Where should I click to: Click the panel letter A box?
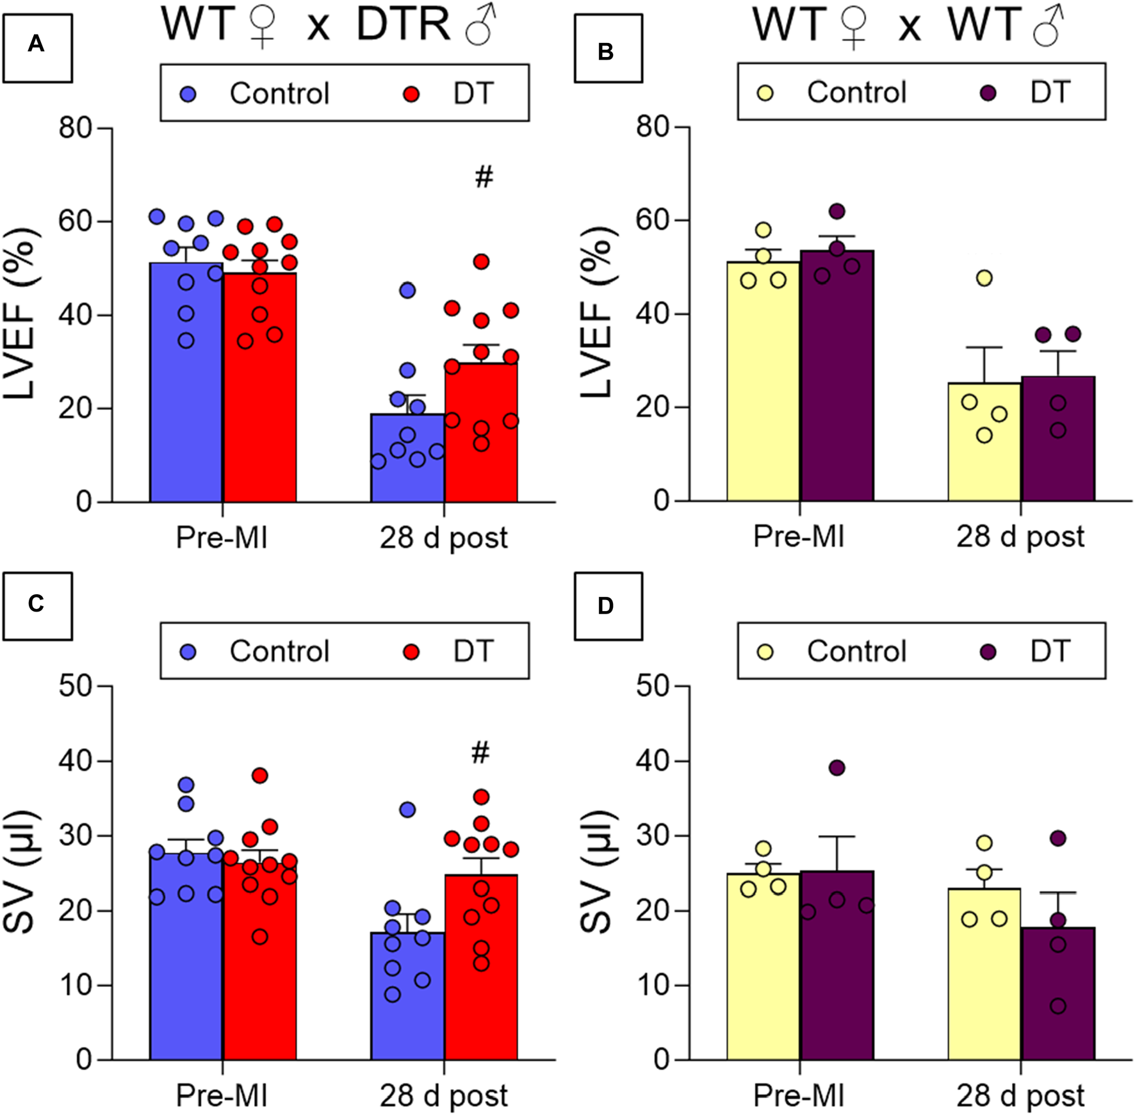pyautogui.click(x=37, y=48)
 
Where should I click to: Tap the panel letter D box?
pyautogui.click(x=608, y=606)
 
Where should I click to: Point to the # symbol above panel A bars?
pyautogui.click(x=484, y=176)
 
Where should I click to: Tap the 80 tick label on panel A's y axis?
pyautogui.click(x=76, y=128)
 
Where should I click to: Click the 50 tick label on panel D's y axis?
pyautogui.click(x=653, y=687)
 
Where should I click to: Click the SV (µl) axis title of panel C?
pyautogui.click(x=20, y=872)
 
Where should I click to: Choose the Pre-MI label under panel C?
pyautogui.click(x=222, y=1095)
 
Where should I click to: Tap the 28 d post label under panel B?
pyautogui.click(x=1020, y=536)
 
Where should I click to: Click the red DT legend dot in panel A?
pyautogui.click(x=411, y=94)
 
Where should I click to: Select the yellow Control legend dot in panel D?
pyautogui.click(x=765, y=652)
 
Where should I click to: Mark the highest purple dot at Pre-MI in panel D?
pyautogui.click(x=837, y=768)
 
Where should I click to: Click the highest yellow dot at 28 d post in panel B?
pyautogui.click(x=984, y=278)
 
